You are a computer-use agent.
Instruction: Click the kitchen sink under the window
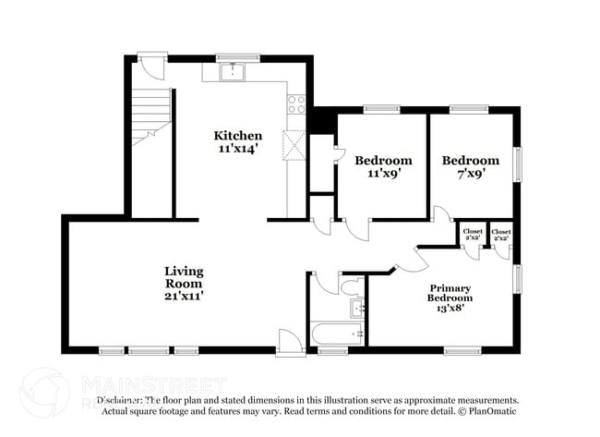(x=234, y=71)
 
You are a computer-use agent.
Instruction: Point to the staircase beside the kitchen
(x=149, y=115)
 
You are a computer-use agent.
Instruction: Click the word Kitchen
(x=238, y=135)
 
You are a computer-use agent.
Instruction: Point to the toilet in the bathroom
(x=353, y=281)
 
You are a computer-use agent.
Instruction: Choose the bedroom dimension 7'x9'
(x=470, y=173)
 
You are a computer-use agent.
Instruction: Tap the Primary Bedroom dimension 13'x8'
(x=450, y=310)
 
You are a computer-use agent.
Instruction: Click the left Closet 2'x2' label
(x=473, y=235)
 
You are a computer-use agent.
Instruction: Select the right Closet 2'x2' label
(x=502, y=235)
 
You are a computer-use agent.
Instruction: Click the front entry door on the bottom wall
(x=289, y=343)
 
